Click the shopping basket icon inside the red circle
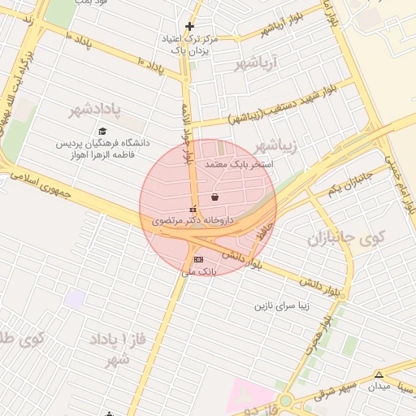(214, 197)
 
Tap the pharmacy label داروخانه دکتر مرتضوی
(193, 220)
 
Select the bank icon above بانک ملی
(198, 259)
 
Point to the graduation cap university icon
(102, 132)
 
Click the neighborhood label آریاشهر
(256, 62)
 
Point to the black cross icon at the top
(189, 27)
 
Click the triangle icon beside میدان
(379, 375)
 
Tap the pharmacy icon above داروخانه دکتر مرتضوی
(193, 208)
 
